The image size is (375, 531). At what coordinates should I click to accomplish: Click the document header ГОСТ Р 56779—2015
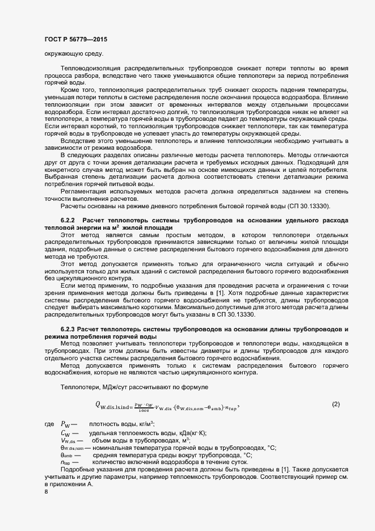pos(75,39)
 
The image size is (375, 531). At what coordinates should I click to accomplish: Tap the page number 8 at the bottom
pos(46,491)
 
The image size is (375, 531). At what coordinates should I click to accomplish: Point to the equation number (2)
pos(335,404)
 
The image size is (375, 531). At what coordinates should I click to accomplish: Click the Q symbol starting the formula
pos(98,404)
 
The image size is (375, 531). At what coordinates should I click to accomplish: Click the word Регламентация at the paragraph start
pos(83,192)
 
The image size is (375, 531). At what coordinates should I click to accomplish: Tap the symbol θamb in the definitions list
pos(68,455)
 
